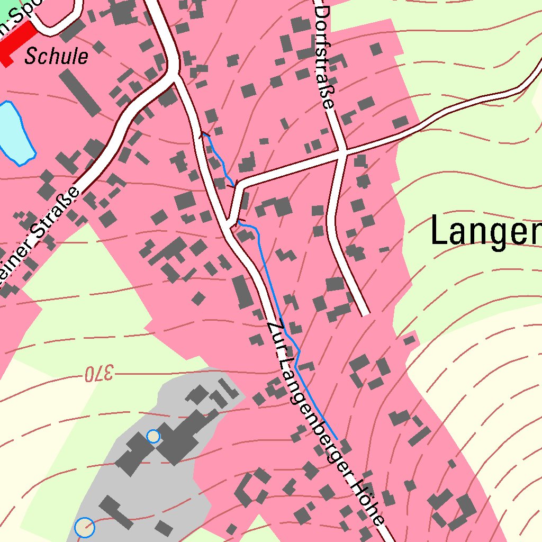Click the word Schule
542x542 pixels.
tap(56, 56)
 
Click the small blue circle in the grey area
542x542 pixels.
tap(153, 436)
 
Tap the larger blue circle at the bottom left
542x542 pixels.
tap(85, 527)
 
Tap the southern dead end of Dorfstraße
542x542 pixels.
tap(364, 312)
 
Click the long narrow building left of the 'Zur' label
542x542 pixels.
tap(243, 292)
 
